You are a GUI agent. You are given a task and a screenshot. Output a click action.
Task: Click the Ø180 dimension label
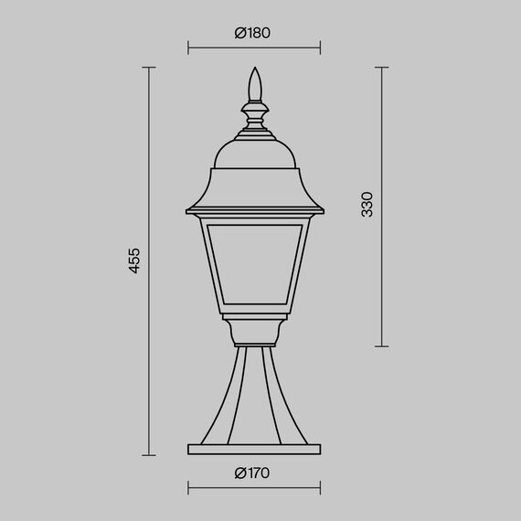[x=252, y=33]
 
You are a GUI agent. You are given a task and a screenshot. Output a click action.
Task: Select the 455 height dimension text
[x=134, y=260]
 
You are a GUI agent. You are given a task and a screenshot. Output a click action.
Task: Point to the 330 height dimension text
[x=367, y=205]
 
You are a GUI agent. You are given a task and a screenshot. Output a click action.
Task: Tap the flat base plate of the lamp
[x=255, y=449]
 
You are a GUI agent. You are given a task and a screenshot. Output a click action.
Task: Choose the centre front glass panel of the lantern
[x=255, y=265]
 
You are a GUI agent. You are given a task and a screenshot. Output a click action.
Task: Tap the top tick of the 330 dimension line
[x=381, y=67]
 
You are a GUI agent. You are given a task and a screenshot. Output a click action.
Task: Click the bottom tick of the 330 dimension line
[x=381, y=346]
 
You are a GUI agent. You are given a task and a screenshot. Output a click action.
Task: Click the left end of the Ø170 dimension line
[x=189, y=486]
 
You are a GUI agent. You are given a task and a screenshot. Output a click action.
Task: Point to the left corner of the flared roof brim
[x=187, y=215]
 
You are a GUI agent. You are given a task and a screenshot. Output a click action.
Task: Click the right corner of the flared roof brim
[x=323, y=215]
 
